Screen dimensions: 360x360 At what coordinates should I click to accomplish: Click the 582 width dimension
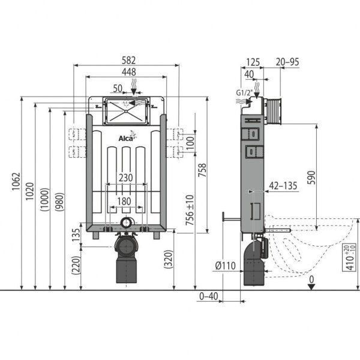125,60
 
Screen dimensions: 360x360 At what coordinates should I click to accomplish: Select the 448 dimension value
125,71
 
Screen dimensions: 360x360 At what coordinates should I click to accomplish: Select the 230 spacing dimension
125,178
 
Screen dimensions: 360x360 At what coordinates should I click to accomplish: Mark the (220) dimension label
76,265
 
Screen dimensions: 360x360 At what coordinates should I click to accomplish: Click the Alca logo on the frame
125,139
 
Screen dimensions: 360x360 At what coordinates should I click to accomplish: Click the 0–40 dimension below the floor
209,296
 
